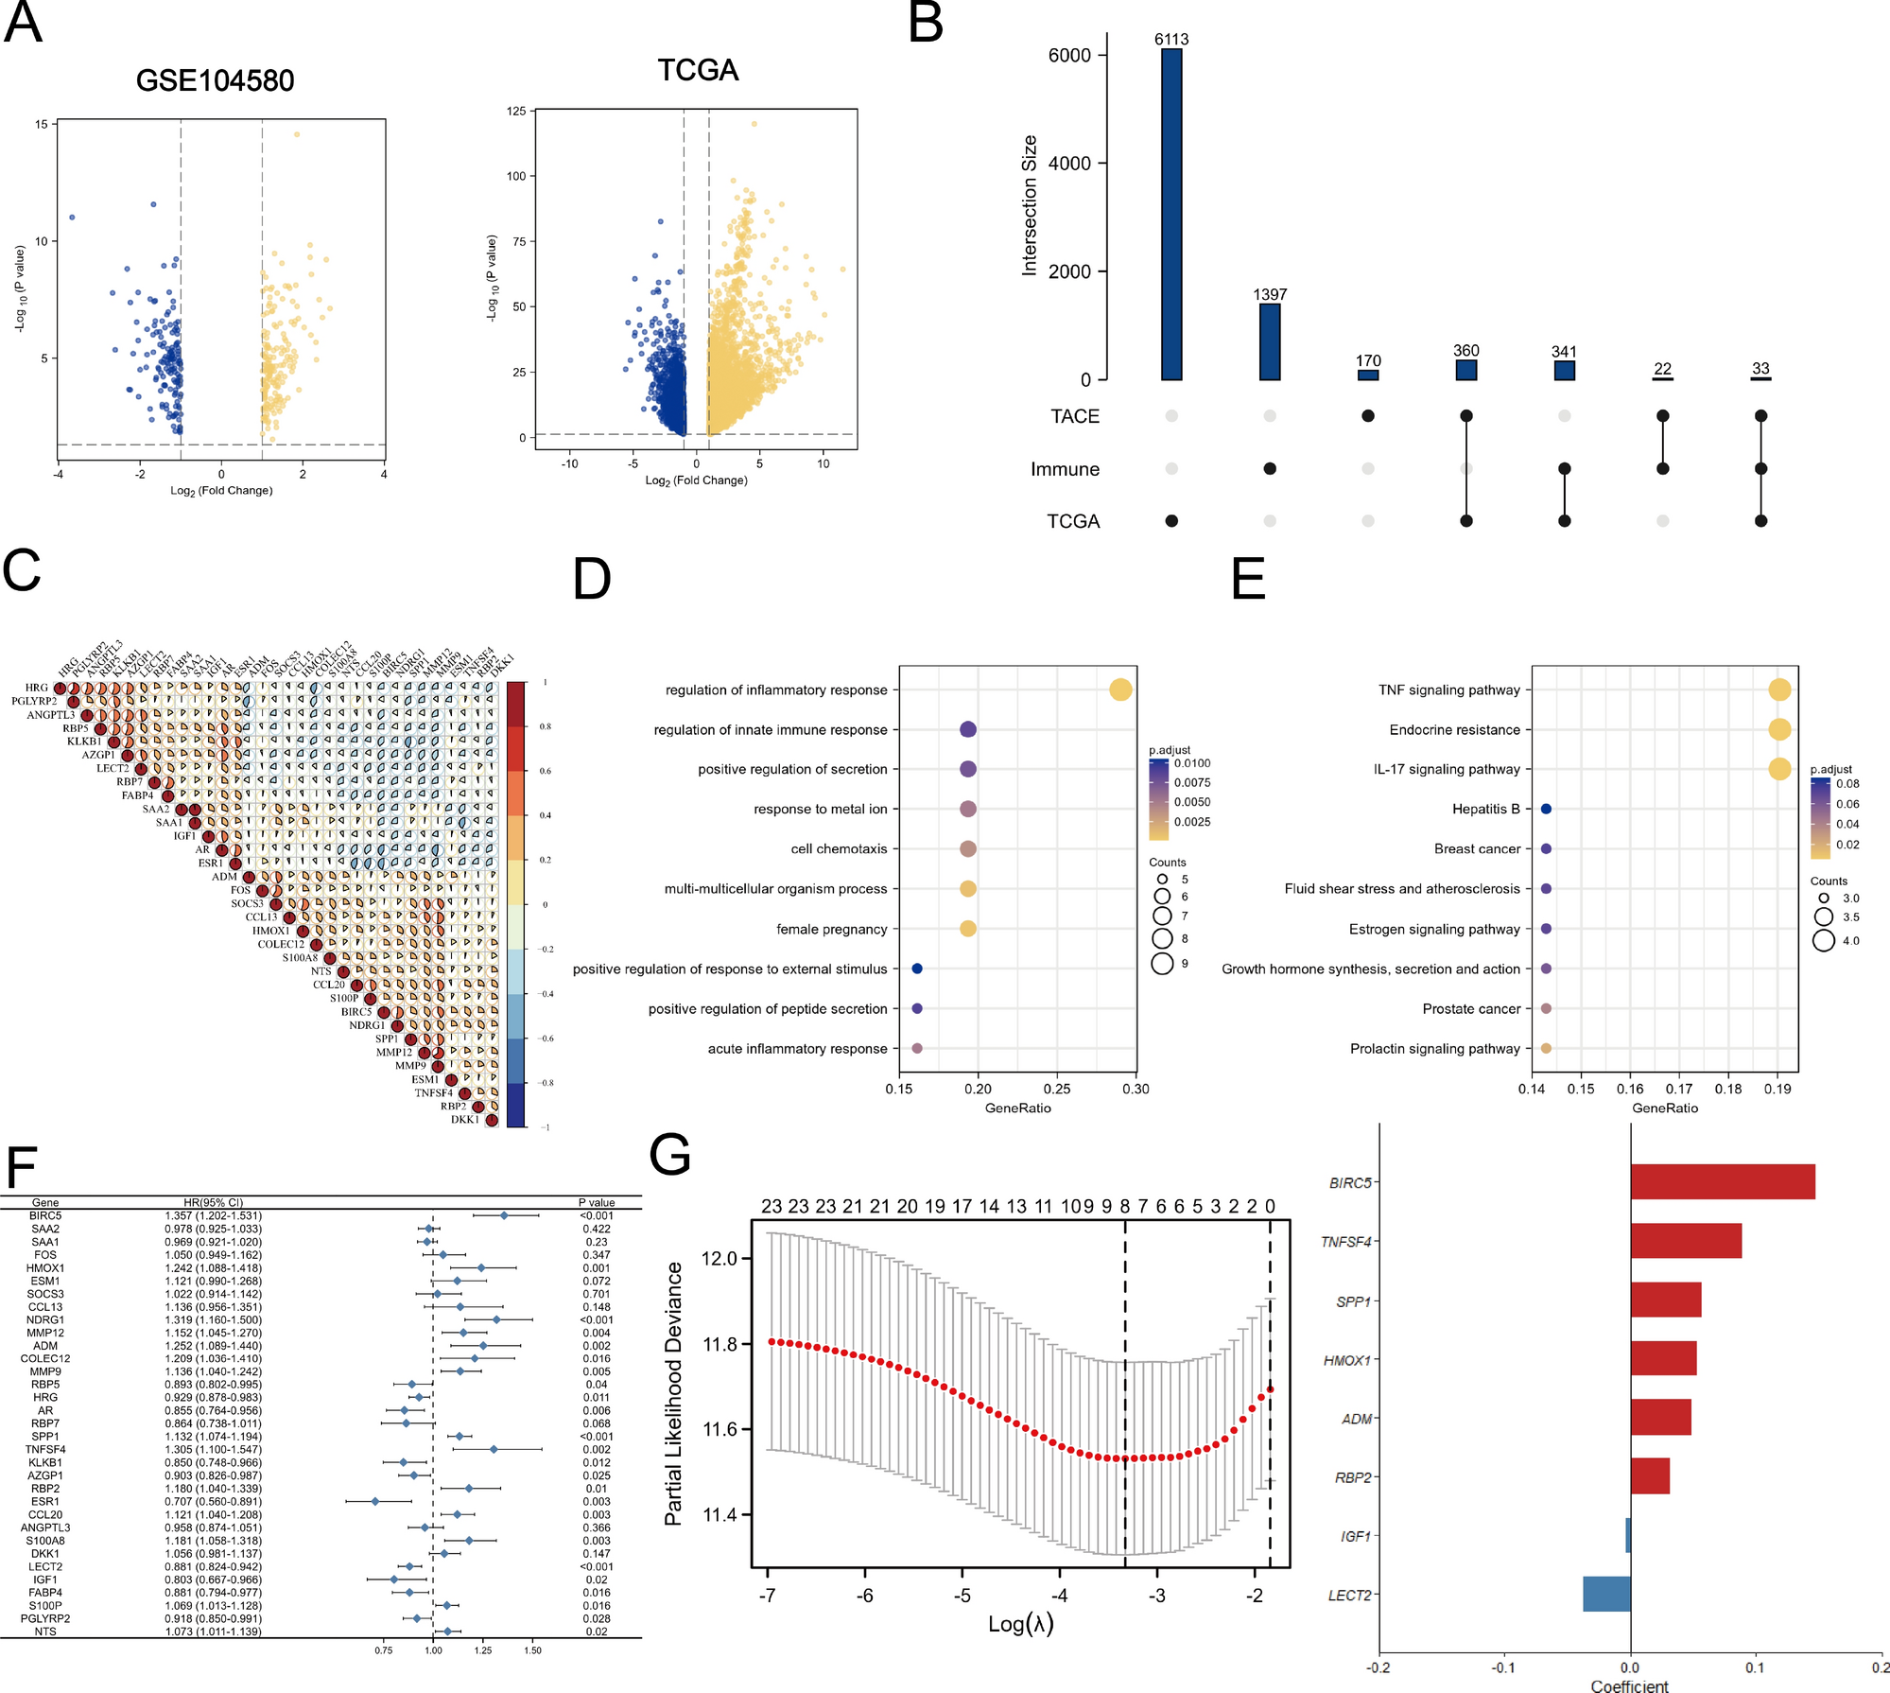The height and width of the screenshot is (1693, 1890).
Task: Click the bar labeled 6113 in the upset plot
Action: point(1171,215)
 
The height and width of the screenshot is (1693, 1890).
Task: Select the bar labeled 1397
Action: point(1270,342)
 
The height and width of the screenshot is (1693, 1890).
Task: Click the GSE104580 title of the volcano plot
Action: point(215,80)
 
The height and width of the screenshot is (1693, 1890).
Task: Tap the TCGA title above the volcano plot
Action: point(698,70)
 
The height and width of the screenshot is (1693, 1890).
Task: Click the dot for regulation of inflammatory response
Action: point(1120,689)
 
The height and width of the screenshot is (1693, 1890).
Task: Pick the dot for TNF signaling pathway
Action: point(1778,689)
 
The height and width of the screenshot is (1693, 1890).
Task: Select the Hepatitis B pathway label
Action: point(1485,809)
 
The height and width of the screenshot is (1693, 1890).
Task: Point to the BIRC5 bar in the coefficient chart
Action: point(1722,1182)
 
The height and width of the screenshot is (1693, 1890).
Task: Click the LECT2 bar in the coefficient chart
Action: point(1606,1595)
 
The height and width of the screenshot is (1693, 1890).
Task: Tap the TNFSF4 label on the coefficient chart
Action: point(1345,1242)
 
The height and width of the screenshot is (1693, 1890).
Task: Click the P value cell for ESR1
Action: point(596,1502)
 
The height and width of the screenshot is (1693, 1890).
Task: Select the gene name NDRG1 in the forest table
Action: point(45,1320)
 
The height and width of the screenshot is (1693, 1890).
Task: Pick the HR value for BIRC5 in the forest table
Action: point(213,1216)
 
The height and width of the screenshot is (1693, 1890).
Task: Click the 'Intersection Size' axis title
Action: point(1030,205)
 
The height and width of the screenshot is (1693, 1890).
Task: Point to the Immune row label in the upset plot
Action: point(1065,469)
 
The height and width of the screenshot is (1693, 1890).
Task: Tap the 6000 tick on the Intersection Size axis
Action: point(1069,56)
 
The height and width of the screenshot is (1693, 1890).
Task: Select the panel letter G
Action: point(670,1156)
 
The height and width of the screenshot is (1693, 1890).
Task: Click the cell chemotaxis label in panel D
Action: point(839,849)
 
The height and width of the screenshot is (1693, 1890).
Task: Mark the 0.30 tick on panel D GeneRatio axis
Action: point(1136,1089)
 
